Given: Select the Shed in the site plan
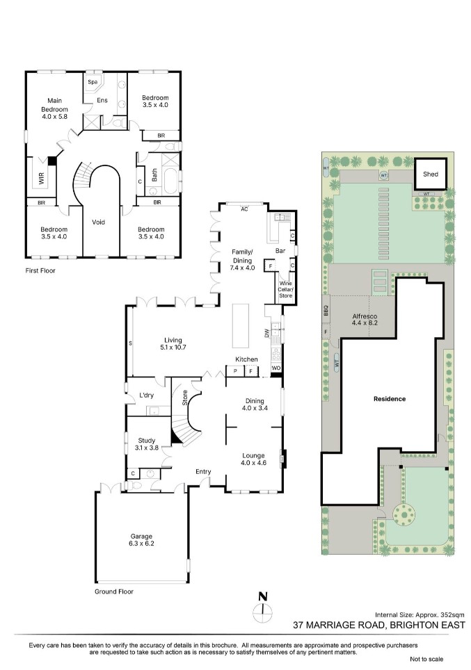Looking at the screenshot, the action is click(431, 174).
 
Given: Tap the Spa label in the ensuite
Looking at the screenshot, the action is click(93, 81).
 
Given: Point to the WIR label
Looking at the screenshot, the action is click(42, 178).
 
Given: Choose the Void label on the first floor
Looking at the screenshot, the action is click(98, 222).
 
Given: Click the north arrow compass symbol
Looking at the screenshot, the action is click(263, 608).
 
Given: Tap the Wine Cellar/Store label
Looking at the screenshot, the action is click(285, 289).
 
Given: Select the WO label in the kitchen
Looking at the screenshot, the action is click(276, 368).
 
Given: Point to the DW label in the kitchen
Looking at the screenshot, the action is click(266, 333).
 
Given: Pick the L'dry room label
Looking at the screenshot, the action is click(146, 395).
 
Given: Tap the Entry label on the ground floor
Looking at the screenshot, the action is click(203, 471).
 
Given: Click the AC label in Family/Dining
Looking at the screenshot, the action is click(244, 209).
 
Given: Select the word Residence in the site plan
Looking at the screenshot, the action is click(390, 399).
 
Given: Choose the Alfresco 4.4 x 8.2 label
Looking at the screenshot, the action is click(365, 320).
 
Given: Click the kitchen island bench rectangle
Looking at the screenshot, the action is click(241, 325).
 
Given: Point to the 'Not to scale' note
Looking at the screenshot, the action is click(426, 659).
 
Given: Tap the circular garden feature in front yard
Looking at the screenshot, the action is click(404, 514).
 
